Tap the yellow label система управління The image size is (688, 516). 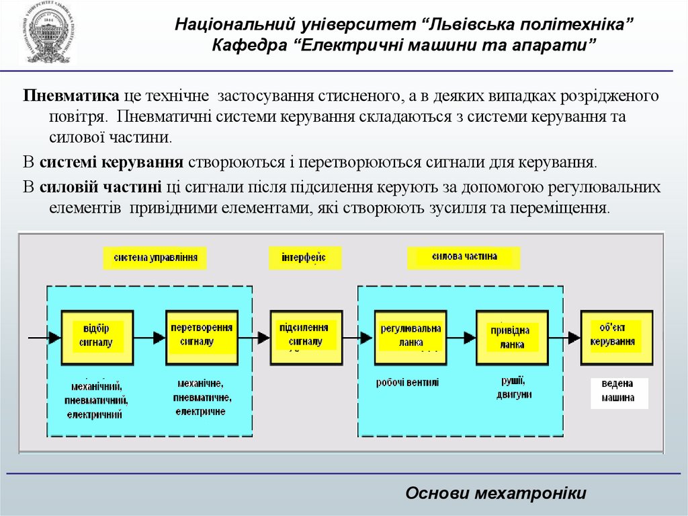155,258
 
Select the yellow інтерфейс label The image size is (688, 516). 305,258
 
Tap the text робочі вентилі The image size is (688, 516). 407,383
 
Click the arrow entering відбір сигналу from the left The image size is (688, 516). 44,336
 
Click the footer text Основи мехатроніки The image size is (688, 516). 496,493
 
